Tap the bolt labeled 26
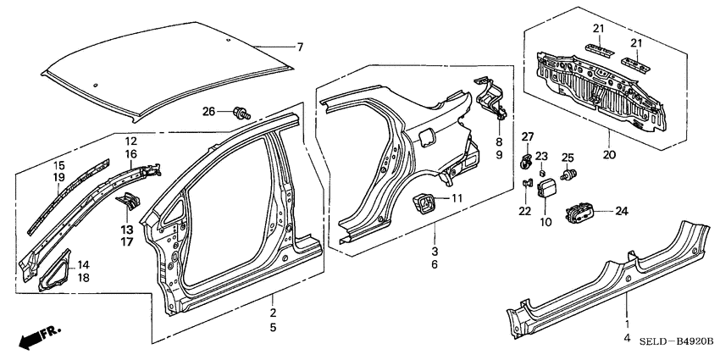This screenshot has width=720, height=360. (240, 112)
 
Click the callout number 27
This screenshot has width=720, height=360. (527, 137)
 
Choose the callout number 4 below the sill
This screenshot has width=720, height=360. (627, 339)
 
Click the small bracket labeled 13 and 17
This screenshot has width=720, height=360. (129, 202)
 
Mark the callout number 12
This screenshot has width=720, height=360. (131, 141)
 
